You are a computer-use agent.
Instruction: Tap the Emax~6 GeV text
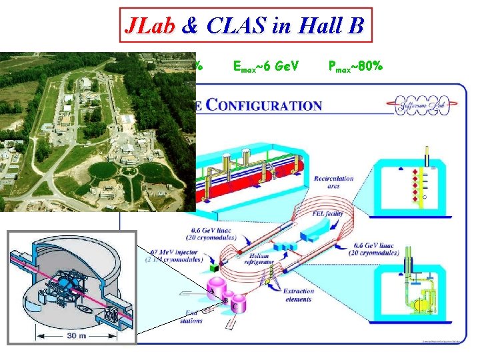point(267,67)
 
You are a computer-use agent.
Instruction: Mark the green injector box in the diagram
point(213,267)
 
